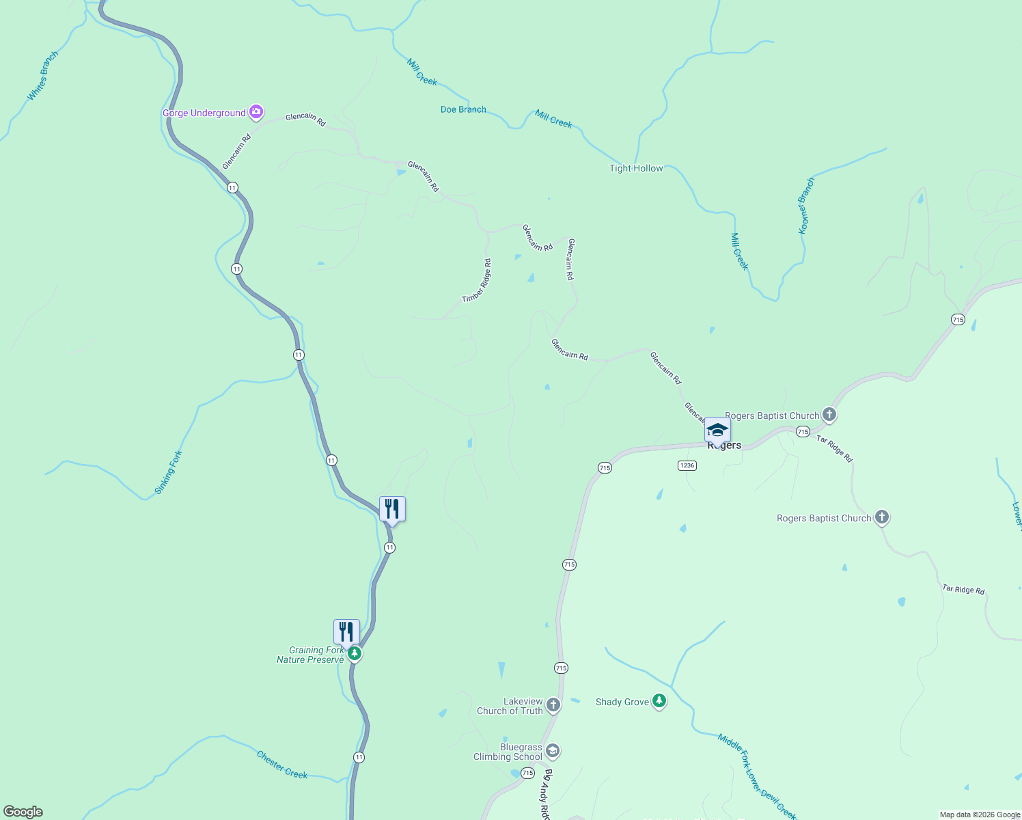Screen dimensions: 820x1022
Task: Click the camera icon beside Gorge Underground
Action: click(255, 111)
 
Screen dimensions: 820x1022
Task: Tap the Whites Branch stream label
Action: click(42, 76)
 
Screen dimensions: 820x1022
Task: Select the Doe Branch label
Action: click(463, 109)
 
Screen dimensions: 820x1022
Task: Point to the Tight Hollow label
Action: click(636, 168)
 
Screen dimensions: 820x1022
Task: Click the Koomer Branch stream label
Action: click(807, 206)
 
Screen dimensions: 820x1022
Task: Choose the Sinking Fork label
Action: click(168, 472)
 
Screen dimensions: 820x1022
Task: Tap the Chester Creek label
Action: click(282, 765)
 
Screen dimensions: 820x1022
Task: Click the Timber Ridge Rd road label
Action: click(477, 281)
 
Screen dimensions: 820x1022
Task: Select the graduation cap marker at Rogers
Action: click(717, 430)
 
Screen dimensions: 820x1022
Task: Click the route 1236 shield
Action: click(687, 465)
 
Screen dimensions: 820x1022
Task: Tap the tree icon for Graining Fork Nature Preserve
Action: click(354, 654)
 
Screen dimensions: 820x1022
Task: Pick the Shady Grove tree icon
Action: click(659, 701)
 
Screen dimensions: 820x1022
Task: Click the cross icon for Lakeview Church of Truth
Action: click(553, 705)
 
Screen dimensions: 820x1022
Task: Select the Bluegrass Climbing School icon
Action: click(553, 752)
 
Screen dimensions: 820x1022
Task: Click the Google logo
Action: click(23, 812)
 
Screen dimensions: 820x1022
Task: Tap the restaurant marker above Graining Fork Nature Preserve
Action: click(346, 632)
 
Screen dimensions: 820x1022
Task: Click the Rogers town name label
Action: click(725, 446)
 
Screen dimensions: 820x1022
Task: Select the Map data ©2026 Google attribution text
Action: click(980, 815)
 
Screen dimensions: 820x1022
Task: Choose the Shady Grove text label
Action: click(622, 702)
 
